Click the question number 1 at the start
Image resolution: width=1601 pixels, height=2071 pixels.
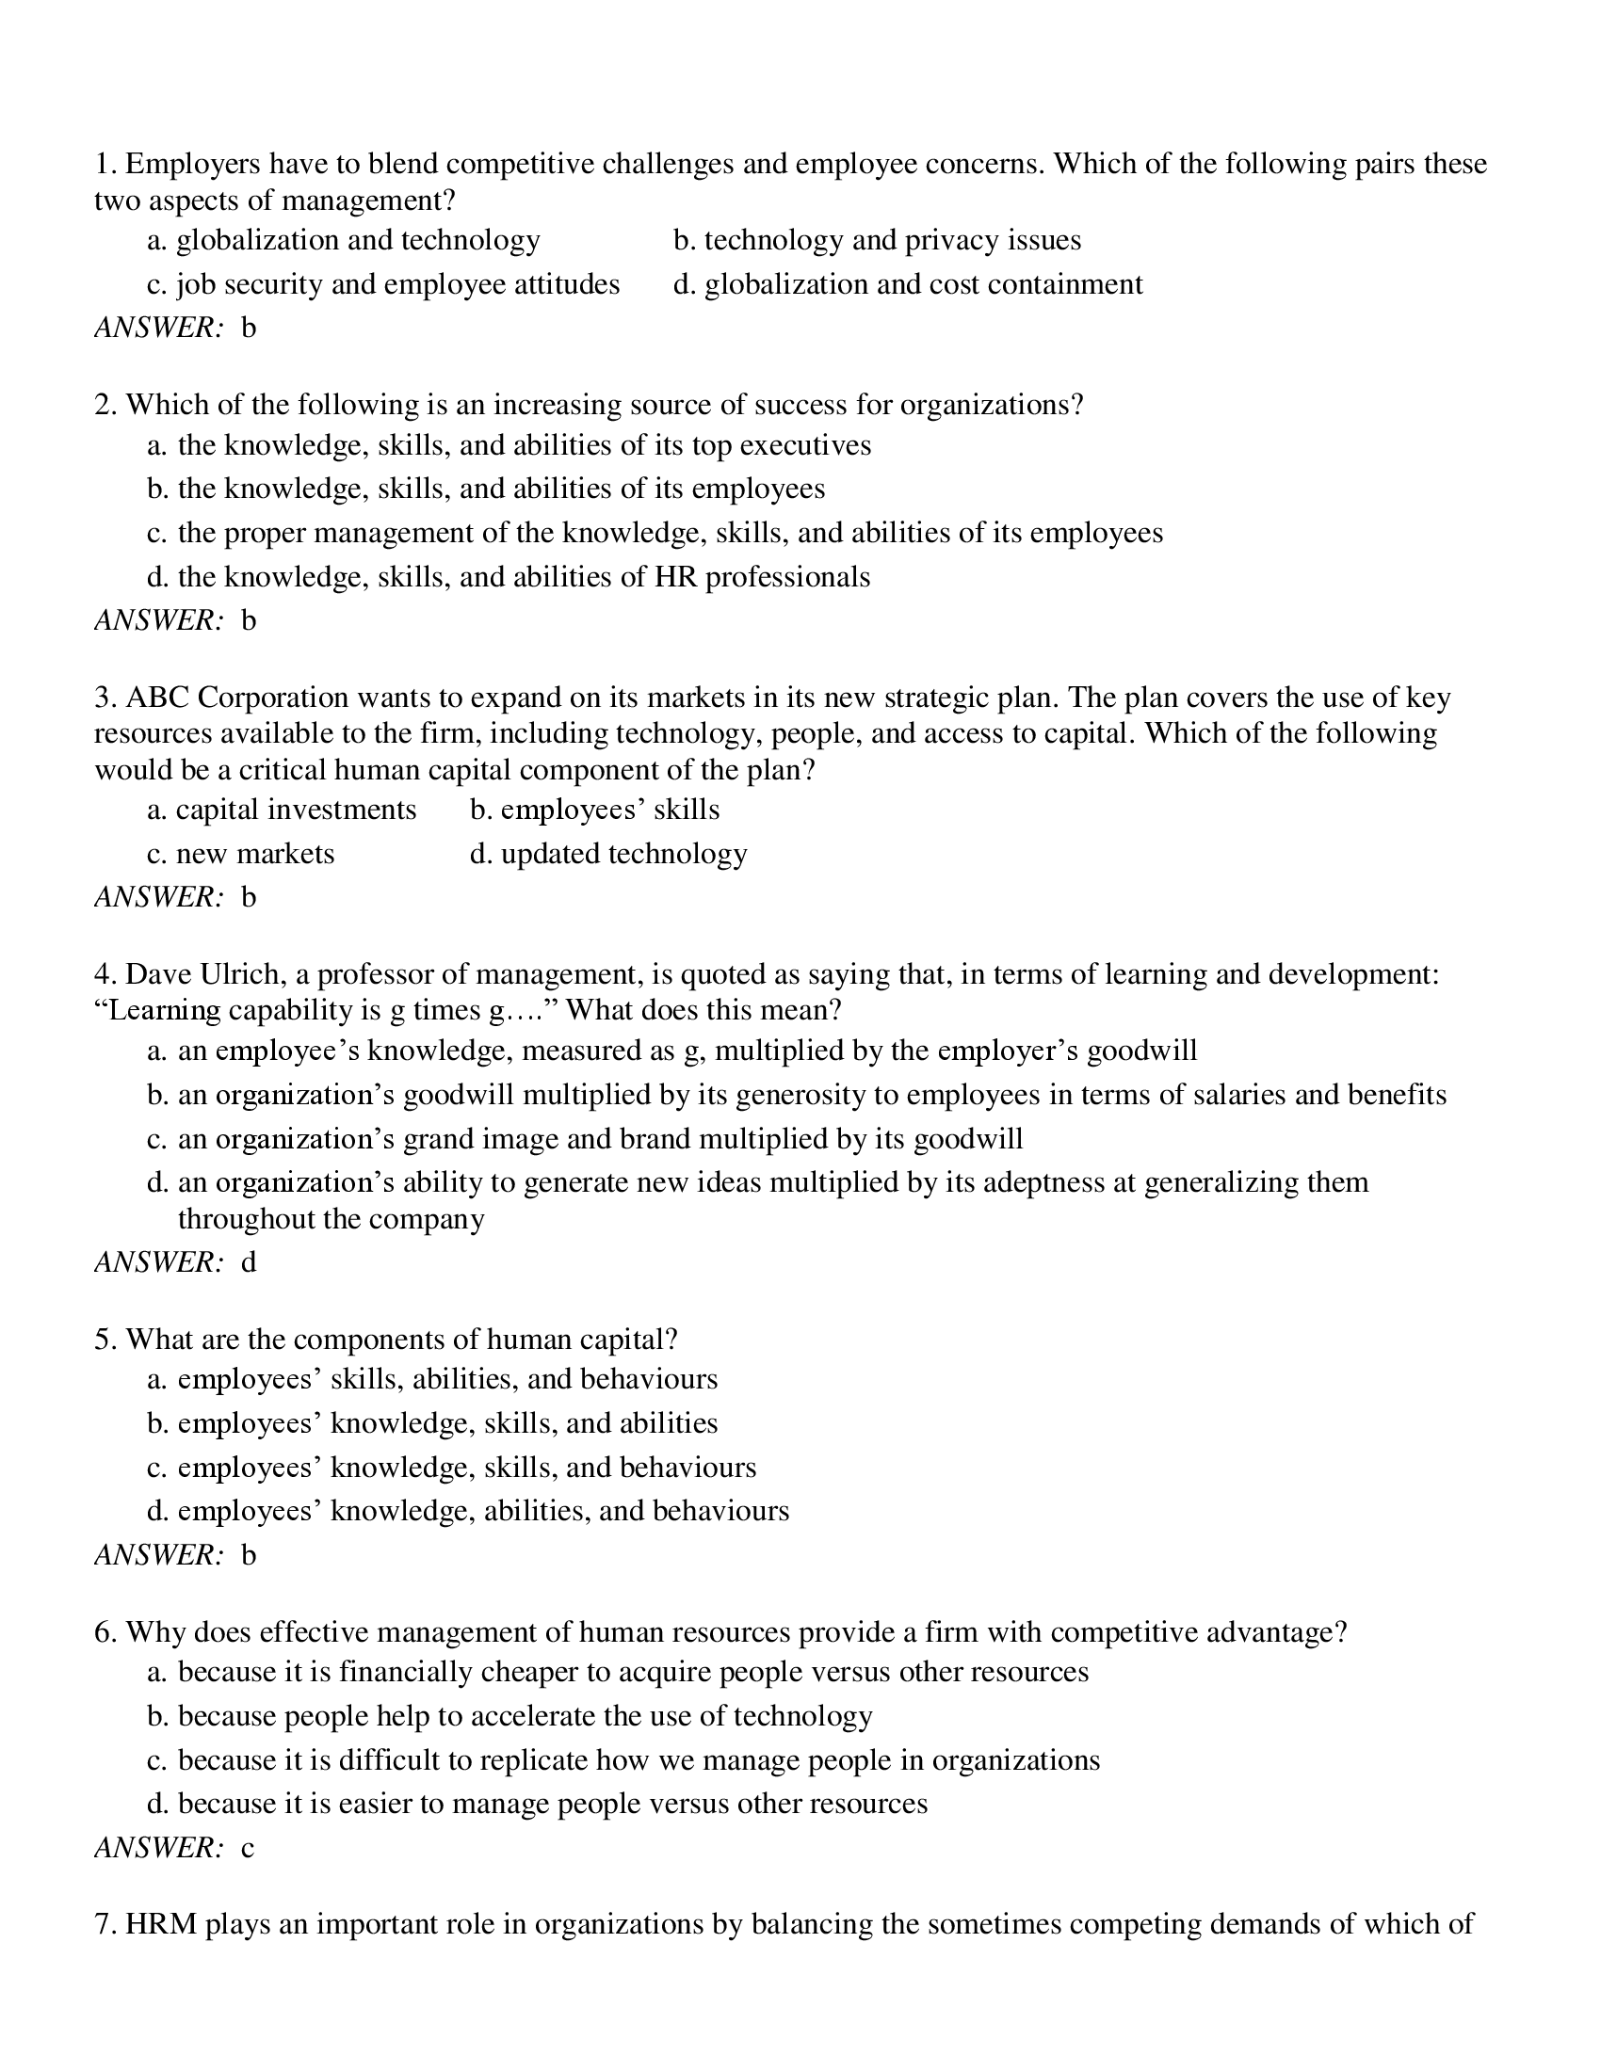click(104, 165)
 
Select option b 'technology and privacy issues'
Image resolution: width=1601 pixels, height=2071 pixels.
click(878, 240)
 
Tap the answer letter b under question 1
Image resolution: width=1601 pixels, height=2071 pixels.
click(249, 329)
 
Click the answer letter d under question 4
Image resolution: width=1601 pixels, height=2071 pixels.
click(249, 1262)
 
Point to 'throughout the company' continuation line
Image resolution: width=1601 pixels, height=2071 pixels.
click(331, 1218)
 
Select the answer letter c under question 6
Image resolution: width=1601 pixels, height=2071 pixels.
click(248, 1848)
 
